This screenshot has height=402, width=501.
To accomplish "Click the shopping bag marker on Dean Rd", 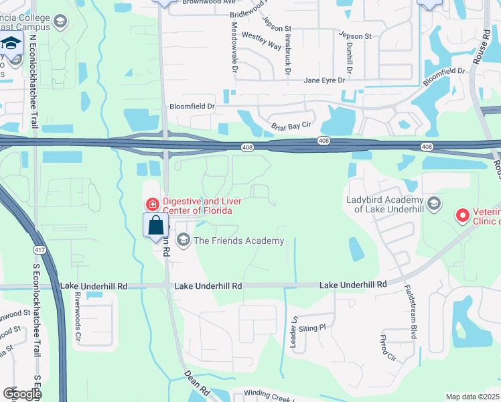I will click(x=155, y=225).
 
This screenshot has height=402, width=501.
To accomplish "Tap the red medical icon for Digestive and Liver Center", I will click(x=153, y=204).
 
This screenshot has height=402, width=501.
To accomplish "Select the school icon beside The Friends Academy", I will click(x=182, y=240).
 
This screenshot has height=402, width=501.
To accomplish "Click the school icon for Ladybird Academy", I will click(x=433, y=203).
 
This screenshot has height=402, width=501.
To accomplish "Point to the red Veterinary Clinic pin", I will click(x=461, y=215).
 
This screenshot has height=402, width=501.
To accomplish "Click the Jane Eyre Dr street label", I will click(x=324, y=80).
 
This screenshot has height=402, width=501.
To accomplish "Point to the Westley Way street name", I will click(x=261, y=40).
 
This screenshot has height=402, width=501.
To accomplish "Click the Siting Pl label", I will click(x=311, y=328).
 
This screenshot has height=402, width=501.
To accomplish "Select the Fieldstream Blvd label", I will click(x=411, y=312).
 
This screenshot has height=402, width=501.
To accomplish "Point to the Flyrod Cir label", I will click(x=387, y=348).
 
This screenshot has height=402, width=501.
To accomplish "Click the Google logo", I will click(x=21, y=393).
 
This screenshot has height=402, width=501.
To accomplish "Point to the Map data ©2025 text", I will click(x=472, y=397).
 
